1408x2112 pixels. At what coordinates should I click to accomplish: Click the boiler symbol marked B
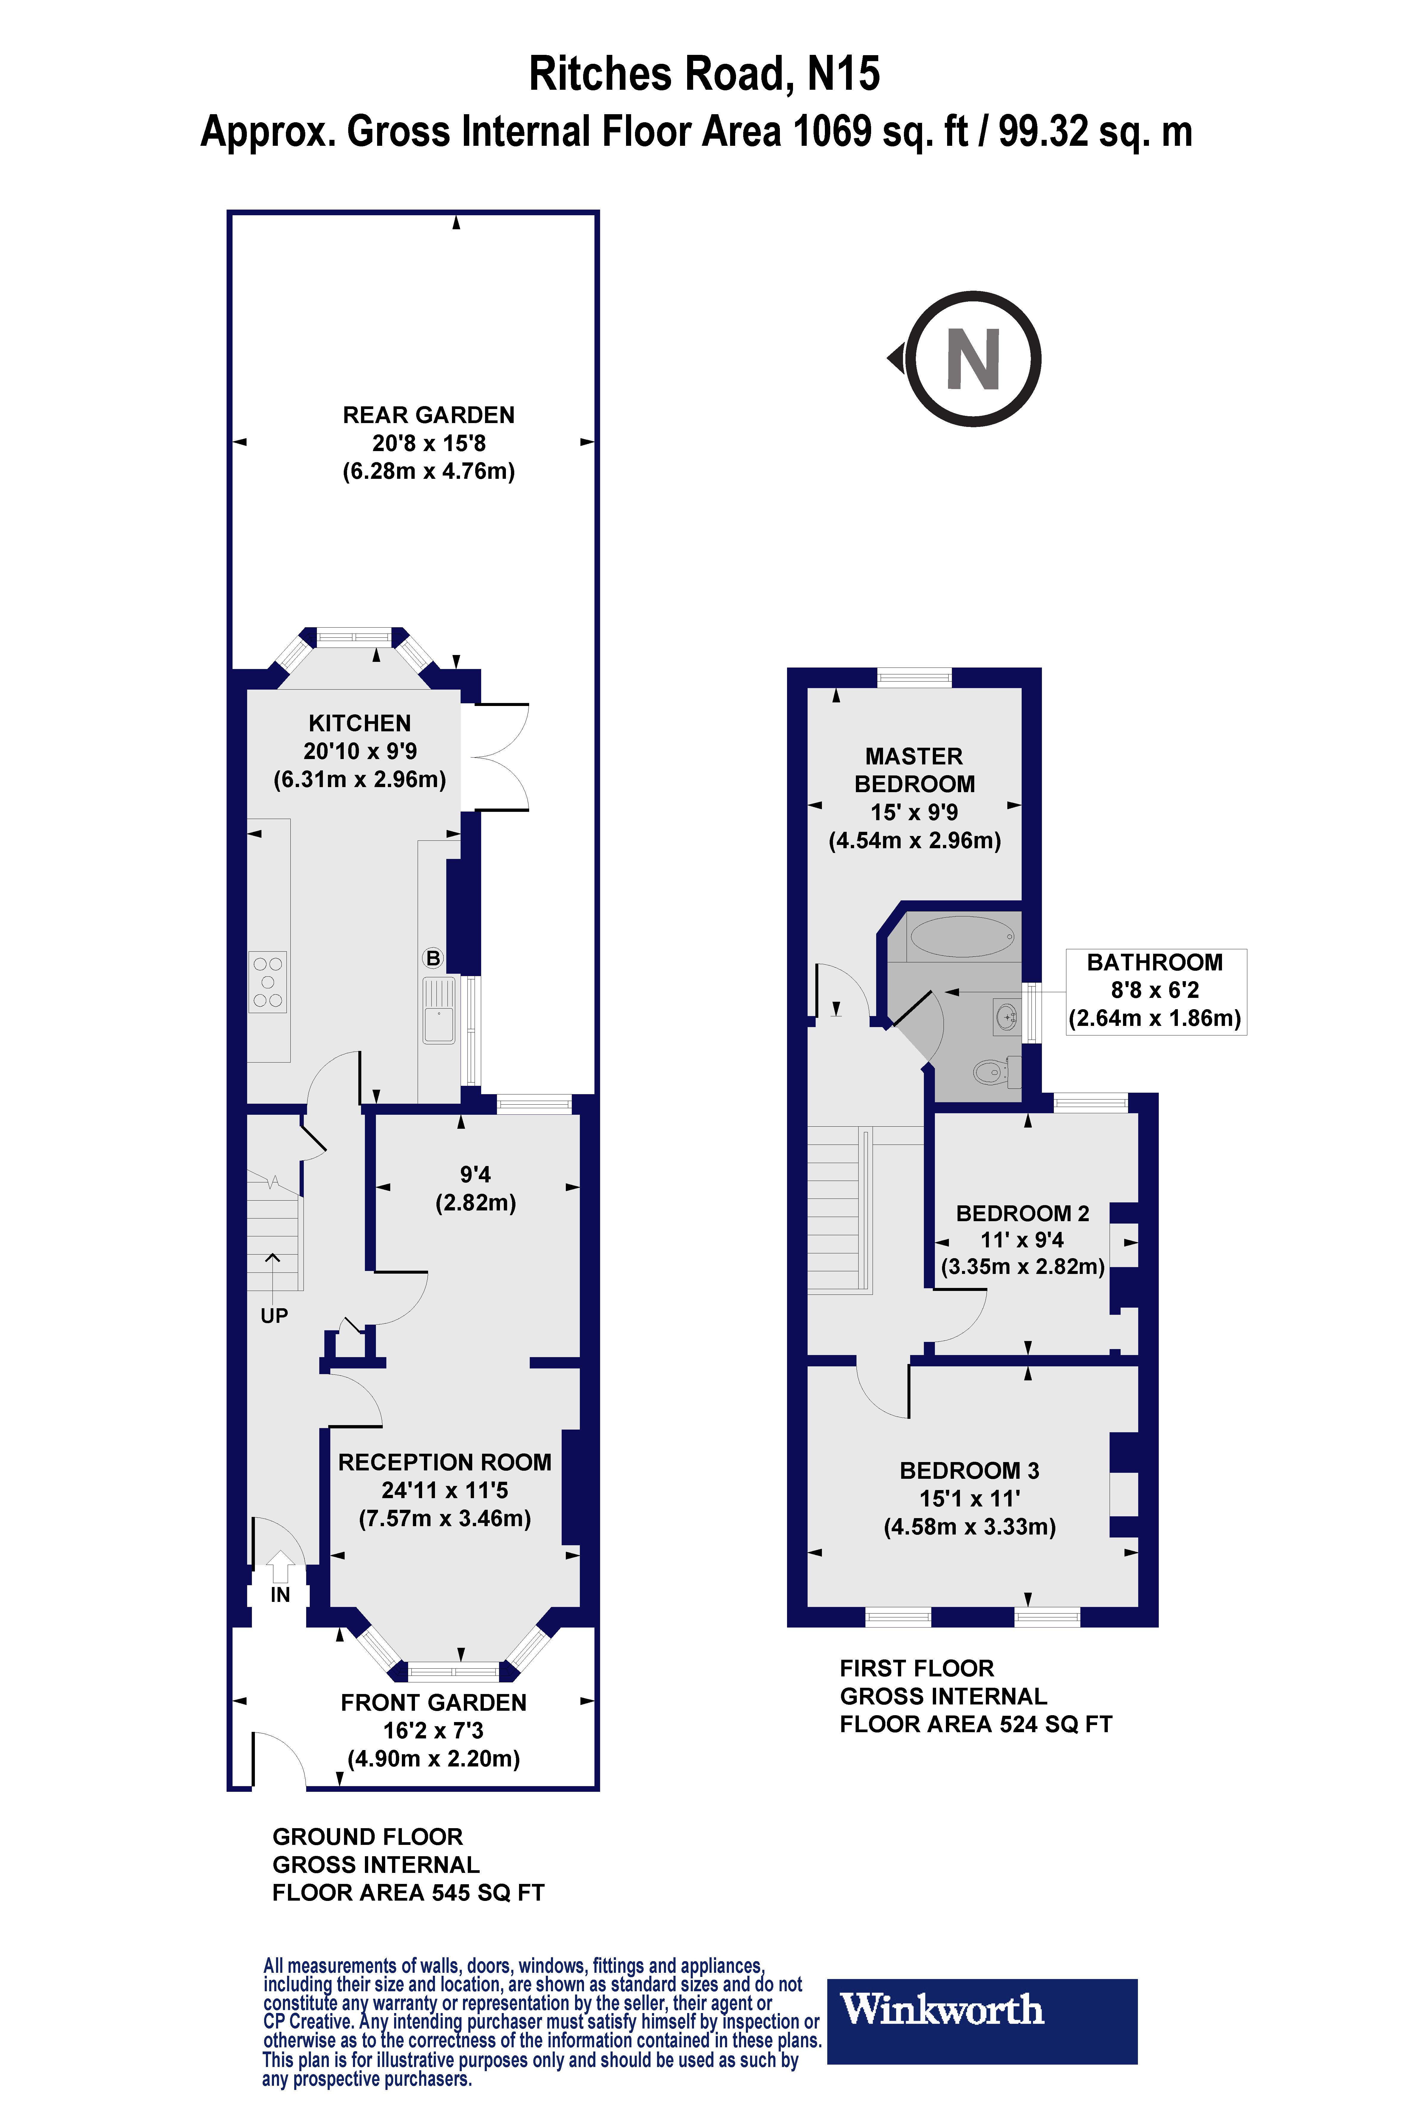(x=433, y=958)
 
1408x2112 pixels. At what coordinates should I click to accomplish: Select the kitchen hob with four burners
(x=268, y=981)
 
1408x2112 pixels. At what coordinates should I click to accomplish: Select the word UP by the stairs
(x=274, y=1315)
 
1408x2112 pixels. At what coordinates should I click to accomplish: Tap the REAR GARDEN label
(x=428, y=415)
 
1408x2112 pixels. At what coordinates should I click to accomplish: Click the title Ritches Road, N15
(x=704, y=74)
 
